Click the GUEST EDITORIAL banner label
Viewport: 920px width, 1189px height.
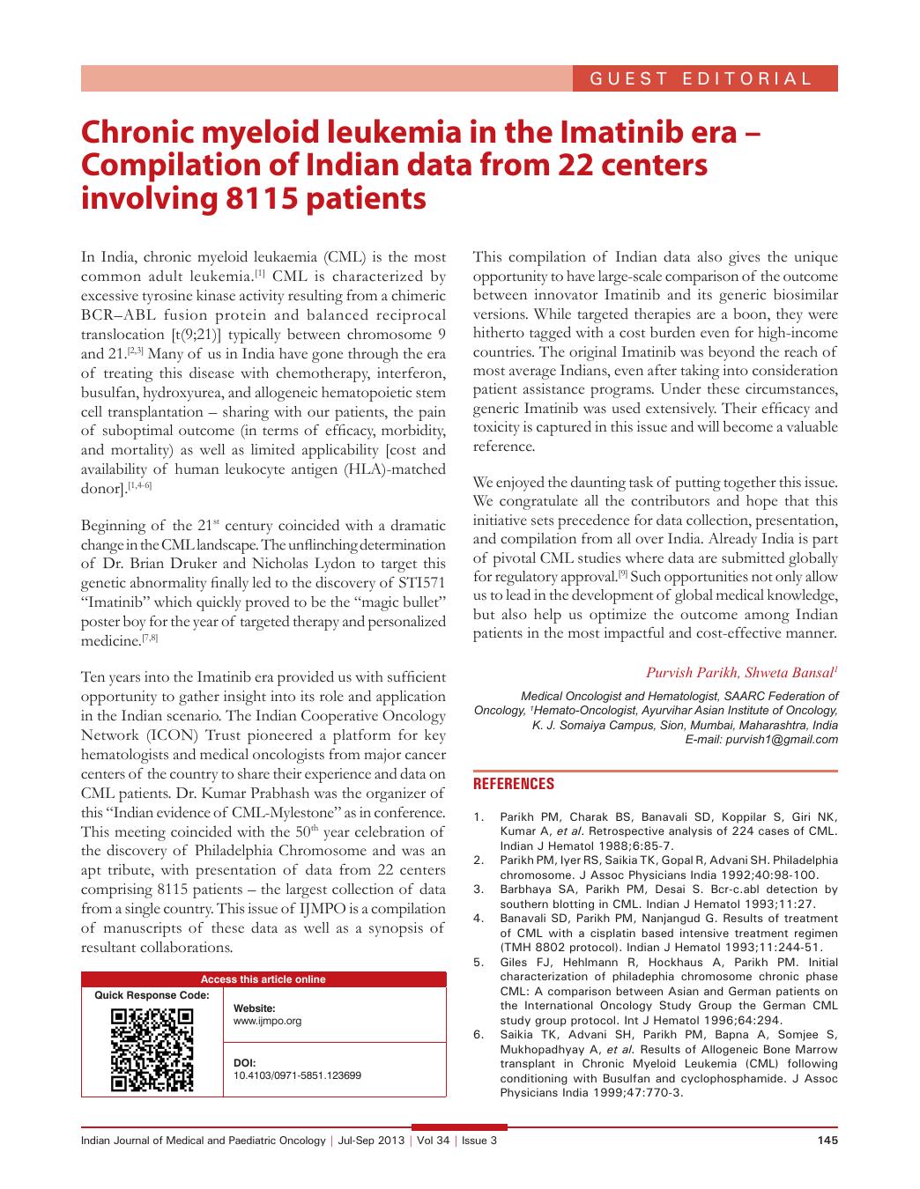(x=701, y=78)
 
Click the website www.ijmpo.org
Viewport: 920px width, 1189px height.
(x=267, y=1021)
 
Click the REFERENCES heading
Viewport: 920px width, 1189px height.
(x=514, y=783)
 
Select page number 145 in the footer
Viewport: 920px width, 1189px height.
(x=827, y=1141)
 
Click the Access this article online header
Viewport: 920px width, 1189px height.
(x=263, y=979)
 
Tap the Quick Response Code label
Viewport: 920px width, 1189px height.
(x=152, y=995)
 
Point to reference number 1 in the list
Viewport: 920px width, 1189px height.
(x=479, y=816)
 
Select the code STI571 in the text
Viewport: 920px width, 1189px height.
(x=419, y=583)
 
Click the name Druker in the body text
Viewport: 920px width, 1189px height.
(x=203, y=564)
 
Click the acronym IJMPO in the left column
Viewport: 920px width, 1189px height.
(x=323, y=909)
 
